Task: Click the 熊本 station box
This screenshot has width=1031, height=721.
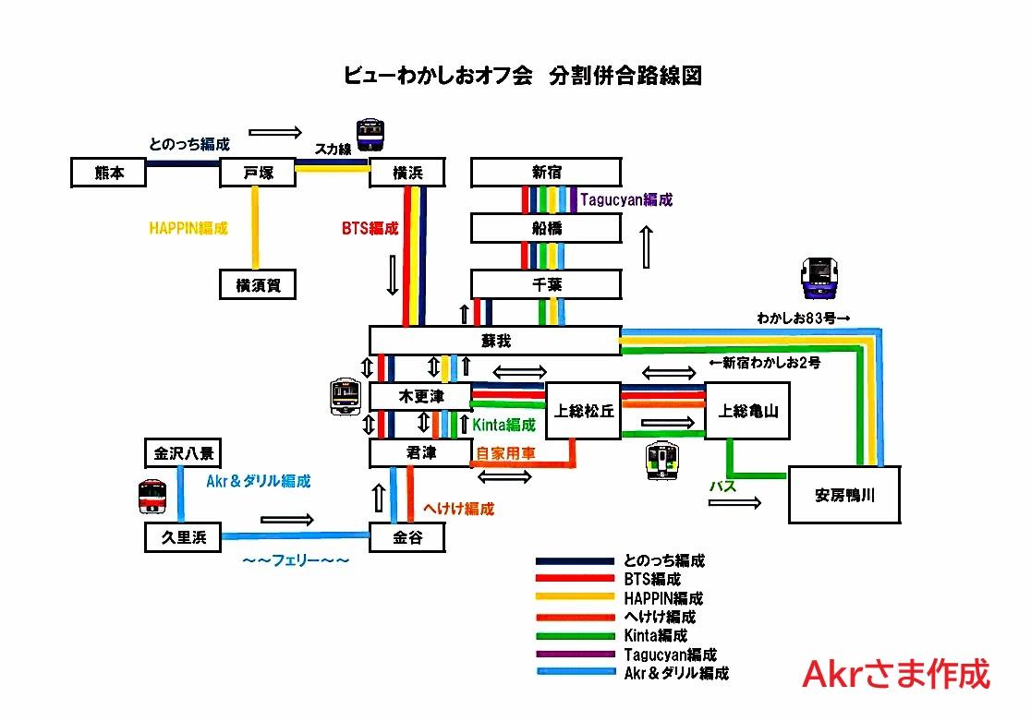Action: [x=108, y=173]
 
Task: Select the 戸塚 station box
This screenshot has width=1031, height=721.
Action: [x=258, y=173]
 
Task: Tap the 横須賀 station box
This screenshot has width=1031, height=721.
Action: [x=258, y=284]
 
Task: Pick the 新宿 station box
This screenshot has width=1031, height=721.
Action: [x=546, y=173]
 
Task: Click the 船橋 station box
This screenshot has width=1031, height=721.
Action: [x=546, y=228]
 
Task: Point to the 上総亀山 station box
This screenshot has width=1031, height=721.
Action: [x=747, y=411]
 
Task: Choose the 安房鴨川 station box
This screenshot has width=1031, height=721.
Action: [x=844, y=495]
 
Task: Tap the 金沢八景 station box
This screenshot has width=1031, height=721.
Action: [x=184, y=453]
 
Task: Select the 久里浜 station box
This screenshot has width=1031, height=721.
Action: [x=184, y=537]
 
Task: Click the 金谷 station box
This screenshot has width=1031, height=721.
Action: [x=407, y=537]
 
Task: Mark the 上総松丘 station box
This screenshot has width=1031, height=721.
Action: [x=584, y=411]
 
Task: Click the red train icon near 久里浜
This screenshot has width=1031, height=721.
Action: [x=152, y=497]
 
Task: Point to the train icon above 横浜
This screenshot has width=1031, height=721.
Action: [x=370, y=135]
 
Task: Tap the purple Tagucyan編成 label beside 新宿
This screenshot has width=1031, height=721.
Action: [x=626, y=199]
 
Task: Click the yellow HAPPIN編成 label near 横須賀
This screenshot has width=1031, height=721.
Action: [x=188, y=228]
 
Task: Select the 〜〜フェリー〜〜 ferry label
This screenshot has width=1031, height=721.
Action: [x=296, y=560]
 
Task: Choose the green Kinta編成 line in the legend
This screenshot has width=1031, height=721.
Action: [x=576, y=636]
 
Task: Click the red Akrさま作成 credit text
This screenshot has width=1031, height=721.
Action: [x=896, y=674]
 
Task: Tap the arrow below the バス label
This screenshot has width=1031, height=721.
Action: [x=734, y=503]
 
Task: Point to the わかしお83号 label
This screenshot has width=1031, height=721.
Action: [x=803, y=318]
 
